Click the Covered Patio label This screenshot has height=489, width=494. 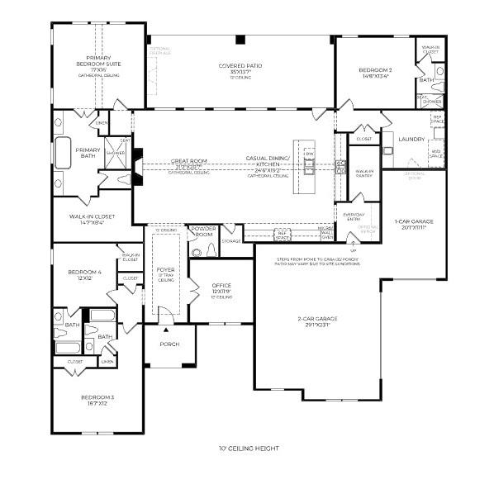point(240,65)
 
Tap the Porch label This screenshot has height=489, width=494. point(169,344)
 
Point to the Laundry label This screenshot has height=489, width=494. point(410,139)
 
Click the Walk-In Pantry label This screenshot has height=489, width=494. point(364,173)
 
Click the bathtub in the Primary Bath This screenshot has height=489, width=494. point(63,153)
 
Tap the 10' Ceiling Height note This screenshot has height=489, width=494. point(248,449)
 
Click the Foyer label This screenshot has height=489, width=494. point(166,269)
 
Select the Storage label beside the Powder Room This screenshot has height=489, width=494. point(231,241)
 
